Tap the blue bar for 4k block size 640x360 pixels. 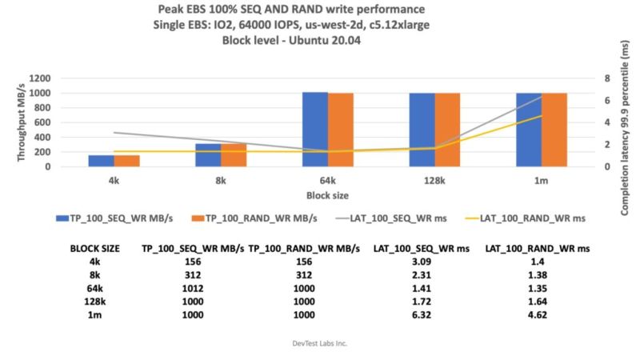click(101, 161)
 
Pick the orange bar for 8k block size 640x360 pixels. click(234, 155)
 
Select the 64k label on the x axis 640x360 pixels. click(328, 181)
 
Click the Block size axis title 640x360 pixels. click(327, 194)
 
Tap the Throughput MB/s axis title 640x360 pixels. click(22, 122)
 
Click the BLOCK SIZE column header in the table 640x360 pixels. click(95, 247)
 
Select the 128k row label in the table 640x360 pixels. click(95, 301)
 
